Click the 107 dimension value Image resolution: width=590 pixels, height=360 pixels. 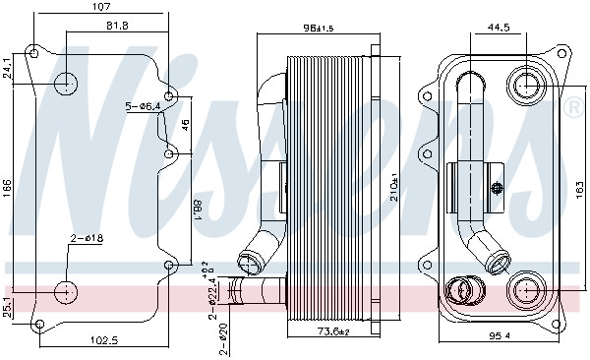(x=101, y=7)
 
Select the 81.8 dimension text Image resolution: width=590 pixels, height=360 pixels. (x=116, y=26)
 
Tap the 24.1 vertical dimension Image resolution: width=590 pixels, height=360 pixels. (x=7, y=69)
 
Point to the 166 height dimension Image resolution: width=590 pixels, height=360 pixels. (x=7, y=188)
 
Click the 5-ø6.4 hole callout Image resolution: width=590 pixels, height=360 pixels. (x=143, y=107)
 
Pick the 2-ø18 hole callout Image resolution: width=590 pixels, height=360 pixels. (x=87, y=238)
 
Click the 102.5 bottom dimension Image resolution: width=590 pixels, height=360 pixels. (x=104, y=340)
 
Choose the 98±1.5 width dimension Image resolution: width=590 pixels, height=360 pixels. (x=319, y=28)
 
